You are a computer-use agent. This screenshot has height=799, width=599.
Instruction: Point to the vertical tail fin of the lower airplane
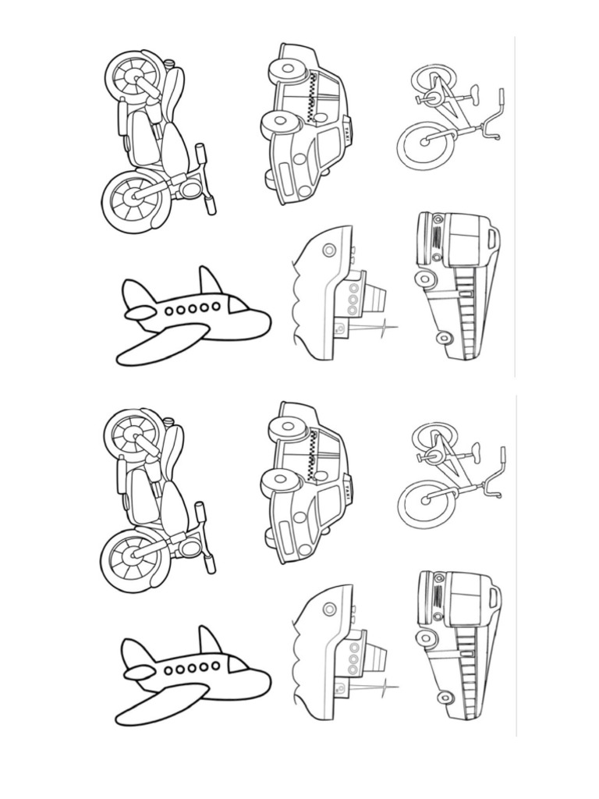209,641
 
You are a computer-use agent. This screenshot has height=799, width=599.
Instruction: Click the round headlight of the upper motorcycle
189,188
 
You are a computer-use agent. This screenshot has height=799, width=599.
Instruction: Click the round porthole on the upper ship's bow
328,249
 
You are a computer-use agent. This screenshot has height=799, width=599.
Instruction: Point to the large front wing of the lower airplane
161,705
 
